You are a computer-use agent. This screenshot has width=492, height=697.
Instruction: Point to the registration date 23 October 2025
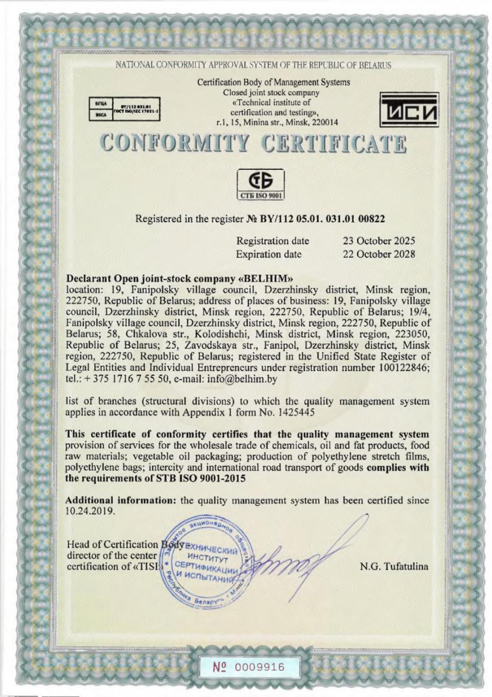click(379, 241)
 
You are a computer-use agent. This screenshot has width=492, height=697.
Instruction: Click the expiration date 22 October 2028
click(379, 254)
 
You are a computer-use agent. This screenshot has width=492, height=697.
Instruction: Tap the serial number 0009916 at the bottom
click(262, 667)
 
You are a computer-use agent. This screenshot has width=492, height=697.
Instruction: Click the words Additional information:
click(120, 500)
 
